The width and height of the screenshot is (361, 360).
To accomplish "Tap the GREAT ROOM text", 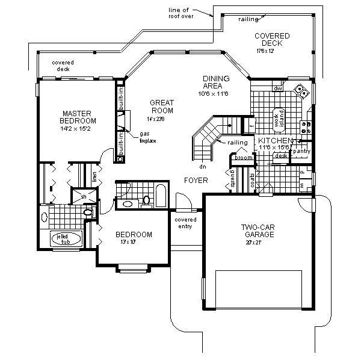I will point(162,107).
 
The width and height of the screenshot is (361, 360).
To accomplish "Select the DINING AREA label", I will point(215,82).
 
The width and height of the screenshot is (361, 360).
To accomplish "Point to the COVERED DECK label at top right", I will point(271,40).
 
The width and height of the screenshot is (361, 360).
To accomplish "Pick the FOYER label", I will point(196,180).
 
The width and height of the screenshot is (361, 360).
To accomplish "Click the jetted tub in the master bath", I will point(62,239).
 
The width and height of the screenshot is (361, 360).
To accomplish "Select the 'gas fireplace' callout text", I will point(148,137).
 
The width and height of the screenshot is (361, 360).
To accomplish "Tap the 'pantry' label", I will point(300,151).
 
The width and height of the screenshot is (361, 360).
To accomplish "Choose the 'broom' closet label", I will point(243,158).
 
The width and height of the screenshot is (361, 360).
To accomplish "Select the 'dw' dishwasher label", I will point(278,88).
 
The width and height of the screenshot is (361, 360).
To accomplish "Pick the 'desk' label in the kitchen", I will point(280,155).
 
